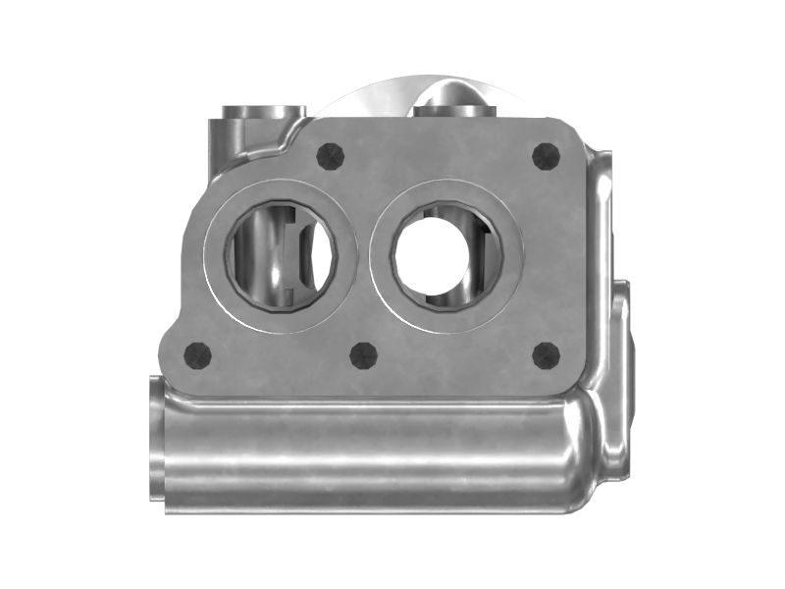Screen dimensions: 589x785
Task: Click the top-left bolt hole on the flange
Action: pos(332,155)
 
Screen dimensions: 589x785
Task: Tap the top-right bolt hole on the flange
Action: pos(545,155)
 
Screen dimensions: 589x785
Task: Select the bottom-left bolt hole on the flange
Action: pos(198,354)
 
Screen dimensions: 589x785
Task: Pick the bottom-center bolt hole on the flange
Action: pos(364,355)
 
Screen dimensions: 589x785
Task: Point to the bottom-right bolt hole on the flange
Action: pos(546,355)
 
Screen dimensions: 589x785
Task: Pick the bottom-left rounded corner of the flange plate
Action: pos(188,383)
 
